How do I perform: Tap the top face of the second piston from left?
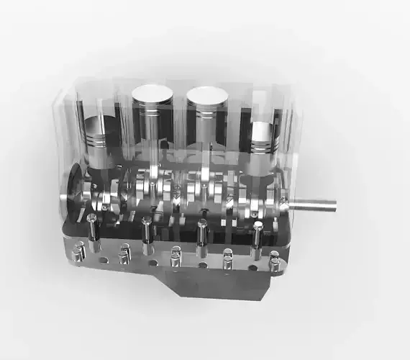click(x=152, y=94)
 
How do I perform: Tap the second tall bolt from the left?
click(x=147, y=229)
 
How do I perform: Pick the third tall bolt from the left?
click(x=202, y=233)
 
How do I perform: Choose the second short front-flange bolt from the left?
click(x=125, y=252)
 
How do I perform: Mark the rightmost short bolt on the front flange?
click(x=274, y=258)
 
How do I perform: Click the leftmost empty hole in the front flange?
click(x=103, y=259)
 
